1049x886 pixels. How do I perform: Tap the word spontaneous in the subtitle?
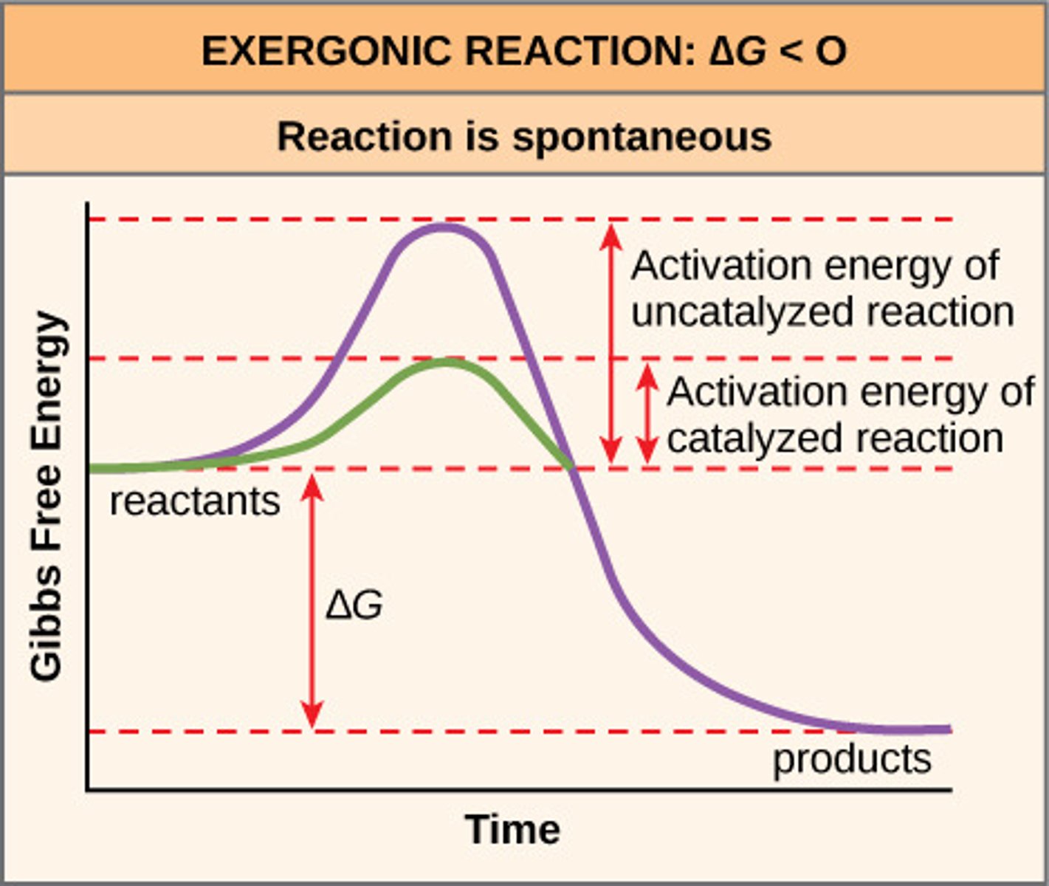pos(642,137)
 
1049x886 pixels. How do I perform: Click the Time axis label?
pos(512,829)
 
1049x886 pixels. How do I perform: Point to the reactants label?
pos(195,501)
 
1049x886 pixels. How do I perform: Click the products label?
pos(852,758)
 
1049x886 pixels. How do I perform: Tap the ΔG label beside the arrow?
pos(354,606)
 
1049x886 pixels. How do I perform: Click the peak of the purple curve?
pos(443,227)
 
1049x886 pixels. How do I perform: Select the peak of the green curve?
pos(446,362)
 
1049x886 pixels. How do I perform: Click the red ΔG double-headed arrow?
pos(312,602)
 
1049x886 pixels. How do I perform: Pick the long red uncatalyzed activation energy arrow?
pos(611,343)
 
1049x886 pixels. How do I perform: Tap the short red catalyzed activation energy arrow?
pos(647,414)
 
